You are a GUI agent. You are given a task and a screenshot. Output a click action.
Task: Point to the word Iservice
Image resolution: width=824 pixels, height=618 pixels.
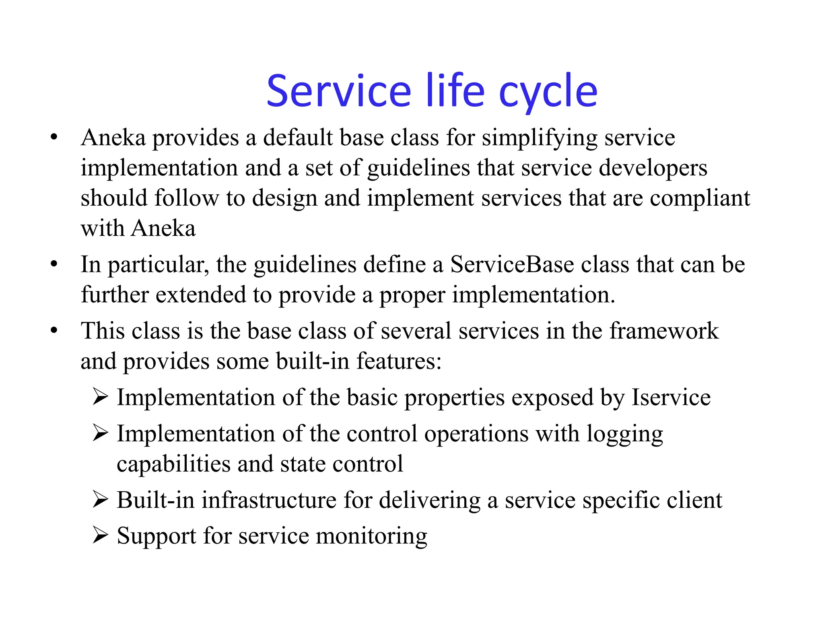coord(671,397)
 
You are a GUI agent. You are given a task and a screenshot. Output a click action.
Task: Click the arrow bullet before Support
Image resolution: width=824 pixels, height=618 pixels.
coord(100,535)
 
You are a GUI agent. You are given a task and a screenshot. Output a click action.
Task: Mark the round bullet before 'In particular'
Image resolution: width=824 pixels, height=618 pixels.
coord(54,264)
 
